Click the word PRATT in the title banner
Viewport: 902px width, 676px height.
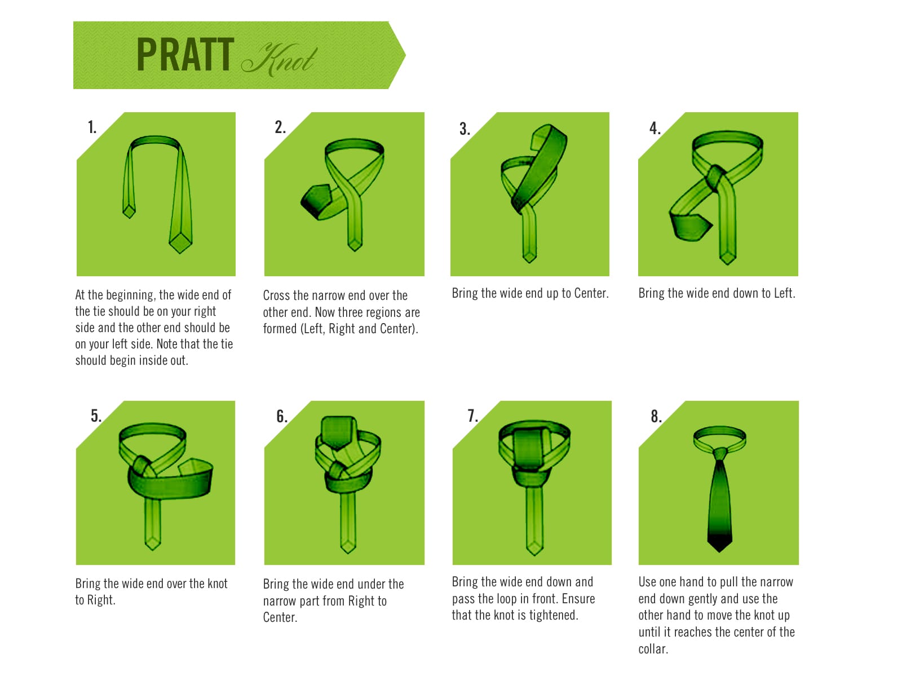pos(185,55)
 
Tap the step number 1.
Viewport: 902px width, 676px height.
pos(92,127)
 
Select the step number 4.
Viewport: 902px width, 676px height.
pos(655,128)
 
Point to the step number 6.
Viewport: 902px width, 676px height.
pos(281,416)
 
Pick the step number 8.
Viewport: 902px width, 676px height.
pos(656,416)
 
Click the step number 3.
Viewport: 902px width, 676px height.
pos(465,129)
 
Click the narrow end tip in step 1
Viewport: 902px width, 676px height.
pos(129,217)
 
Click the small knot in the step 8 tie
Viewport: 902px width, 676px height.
pos(720,454)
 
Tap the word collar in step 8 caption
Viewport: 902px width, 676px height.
pos(653,649)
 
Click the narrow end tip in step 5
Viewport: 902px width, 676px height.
pos(152,548)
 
